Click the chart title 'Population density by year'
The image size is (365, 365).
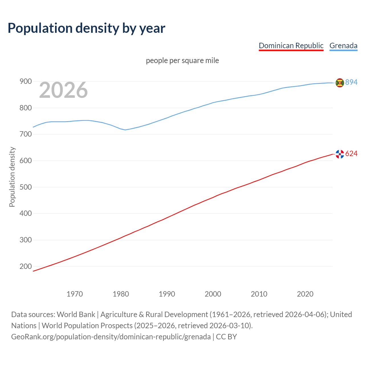click(86, 28)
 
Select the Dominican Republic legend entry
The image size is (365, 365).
click(291, 46)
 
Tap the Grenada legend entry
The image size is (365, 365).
click(343, 46)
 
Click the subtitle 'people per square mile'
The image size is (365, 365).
click(182, 60)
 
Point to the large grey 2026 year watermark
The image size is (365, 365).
click(63, 90)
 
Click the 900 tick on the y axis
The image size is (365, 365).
click(25, 82)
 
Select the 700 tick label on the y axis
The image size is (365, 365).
click(25, 134)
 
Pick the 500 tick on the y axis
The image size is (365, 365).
click(25, 187)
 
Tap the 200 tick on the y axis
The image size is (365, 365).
click(25, 266)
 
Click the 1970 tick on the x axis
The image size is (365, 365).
click(75, 294)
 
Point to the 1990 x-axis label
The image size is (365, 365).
click(167, 294)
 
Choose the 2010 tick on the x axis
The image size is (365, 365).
click(259, 294)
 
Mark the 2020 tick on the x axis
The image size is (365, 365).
click(305, 294)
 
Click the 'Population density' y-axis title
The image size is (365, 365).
click(12, 177)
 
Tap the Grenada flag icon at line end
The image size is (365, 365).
click(340, 83)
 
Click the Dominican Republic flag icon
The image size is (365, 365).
click(340, 154)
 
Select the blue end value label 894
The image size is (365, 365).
click(351, 82)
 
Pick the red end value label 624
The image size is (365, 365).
click(351, 154)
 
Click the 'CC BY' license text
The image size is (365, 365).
click(226, 337)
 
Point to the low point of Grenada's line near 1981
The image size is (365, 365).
click(125, 130)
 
